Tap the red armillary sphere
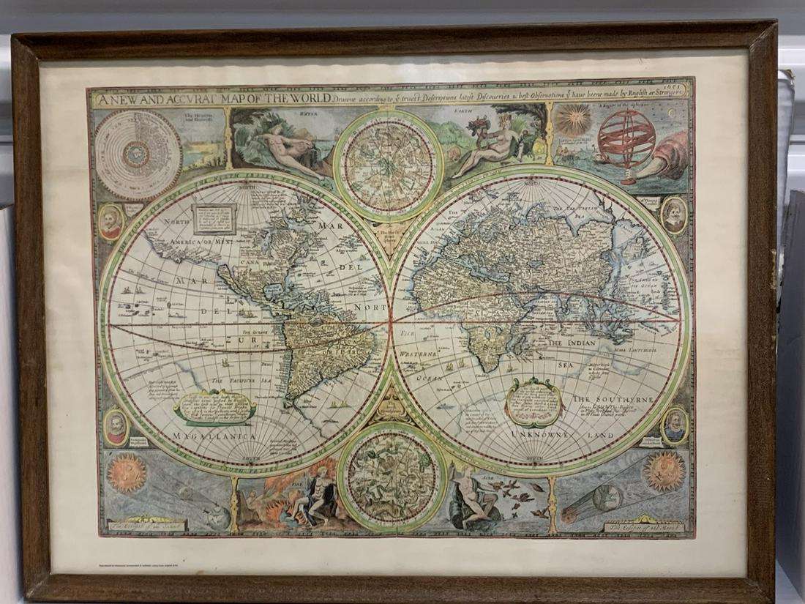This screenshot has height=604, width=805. [627, 137]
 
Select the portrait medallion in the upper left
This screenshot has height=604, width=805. [111, 221]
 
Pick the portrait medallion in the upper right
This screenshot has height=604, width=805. [674, 215]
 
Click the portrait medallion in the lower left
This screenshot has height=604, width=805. [116, 427]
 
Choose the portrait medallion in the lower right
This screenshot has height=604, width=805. [675, 425]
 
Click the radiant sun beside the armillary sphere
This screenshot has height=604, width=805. [575, 120]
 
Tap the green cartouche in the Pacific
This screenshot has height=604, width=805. [215, 406]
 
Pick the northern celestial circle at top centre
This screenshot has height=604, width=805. [389, 165]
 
